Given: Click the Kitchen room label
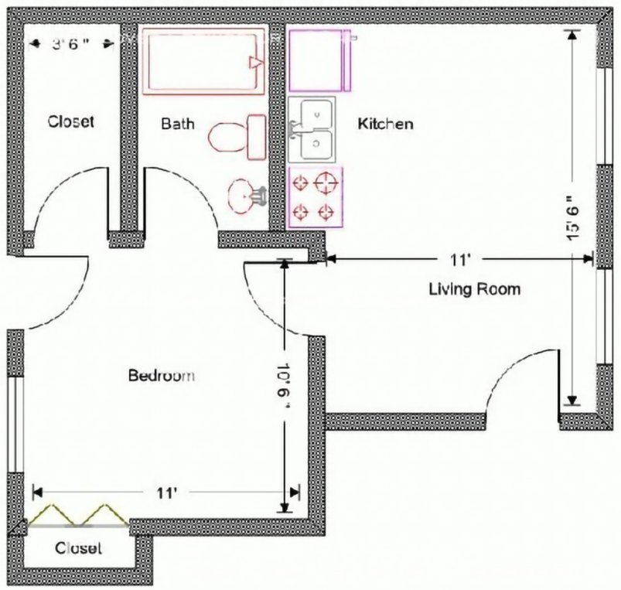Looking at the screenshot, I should pos(384,124).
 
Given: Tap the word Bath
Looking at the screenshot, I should pos(177,124).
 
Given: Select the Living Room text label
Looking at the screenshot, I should pos(474,289).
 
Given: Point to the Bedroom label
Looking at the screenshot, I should pos(161,376).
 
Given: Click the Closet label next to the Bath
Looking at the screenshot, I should pos(70,121).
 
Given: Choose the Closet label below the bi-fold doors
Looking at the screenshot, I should pos(79,548).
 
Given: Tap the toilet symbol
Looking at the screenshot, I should pos(236,136).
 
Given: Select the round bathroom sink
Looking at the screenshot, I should pos(245,196).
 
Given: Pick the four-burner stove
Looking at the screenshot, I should pos(316,196).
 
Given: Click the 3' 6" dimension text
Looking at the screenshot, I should pos(71,44).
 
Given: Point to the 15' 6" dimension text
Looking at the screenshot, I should pos(573,217).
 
